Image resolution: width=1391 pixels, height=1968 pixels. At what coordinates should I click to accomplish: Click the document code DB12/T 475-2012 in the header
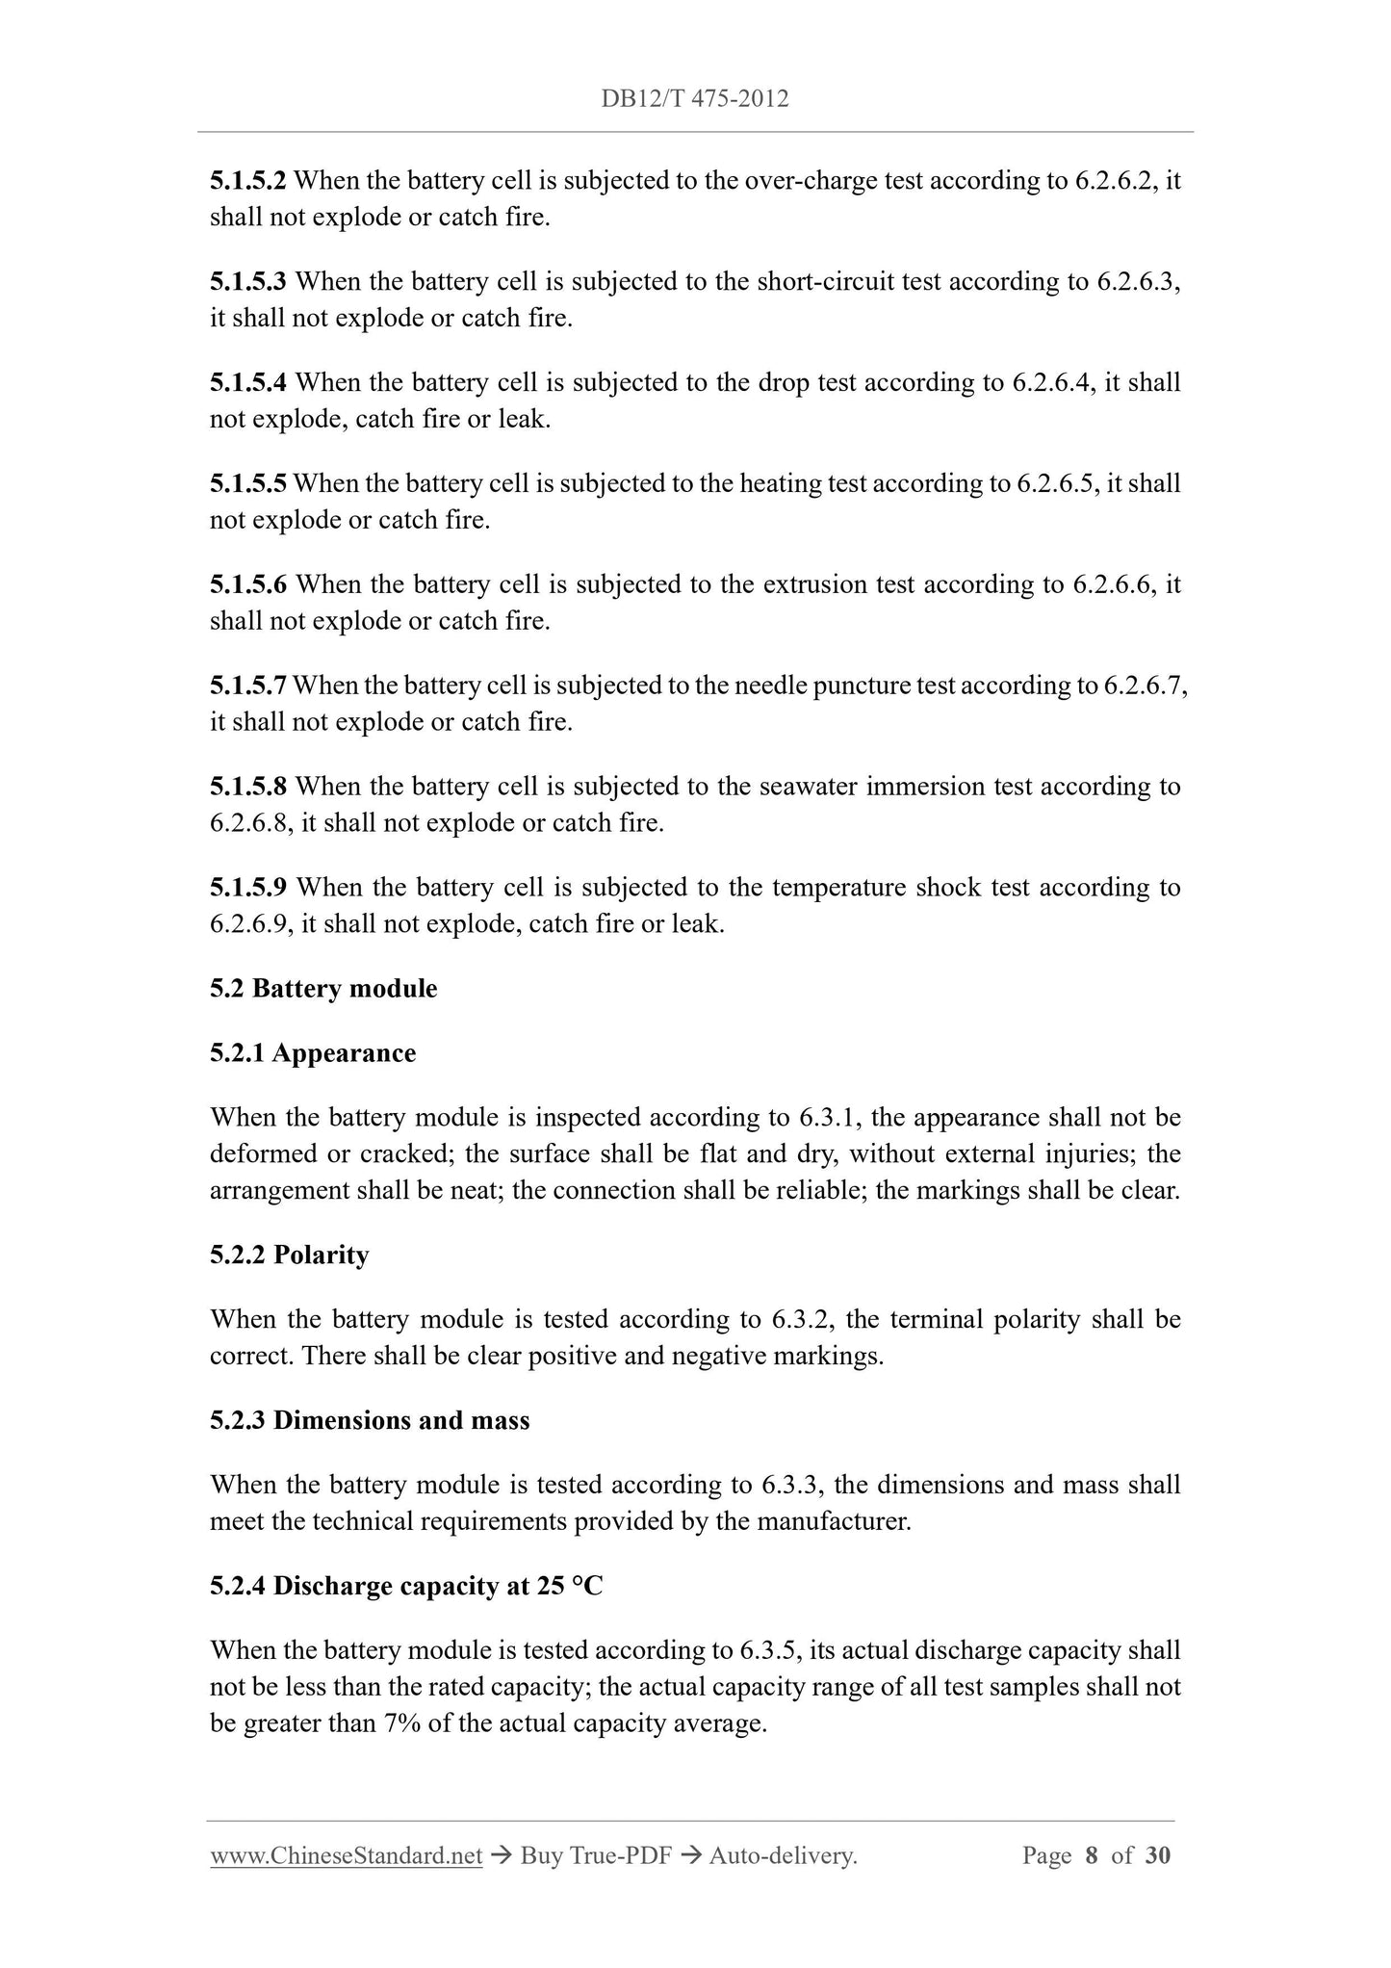click(x=695, y=98)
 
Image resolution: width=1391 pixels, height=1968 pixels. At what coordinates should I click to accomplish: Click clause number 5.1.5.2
click(x=248, y=180)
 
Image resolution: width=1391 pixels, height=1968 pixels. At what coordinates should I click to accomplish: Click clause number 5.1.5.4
click(x=248, y=382)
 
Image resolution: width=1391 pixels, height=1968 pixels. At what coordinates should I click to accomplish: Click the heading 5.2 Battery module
click(x=323, y=989)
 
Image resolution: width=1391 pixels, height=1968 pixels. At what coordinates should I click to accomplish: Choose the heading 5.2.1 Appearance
click(x=313, y=1053)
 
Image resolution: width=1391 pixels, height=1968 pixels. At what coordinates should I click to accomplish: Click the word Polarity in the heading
click(x=322, y=1256)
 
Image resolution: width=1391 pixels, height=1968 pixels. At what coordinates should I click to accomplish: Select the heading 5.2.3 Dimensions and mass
click(x=370, y=1421)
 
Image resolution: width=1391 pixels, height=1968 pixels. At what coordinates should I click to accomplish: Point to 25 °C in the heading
click(x=570, y=1587)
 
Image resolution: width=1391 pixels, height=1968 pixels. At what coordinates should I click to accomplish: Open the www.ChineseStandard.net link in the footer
click(x=346, y=1856)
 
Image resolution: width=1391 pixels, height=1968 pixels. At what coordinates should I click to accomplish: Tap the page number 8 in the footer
click(x=1091, y=1856)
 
